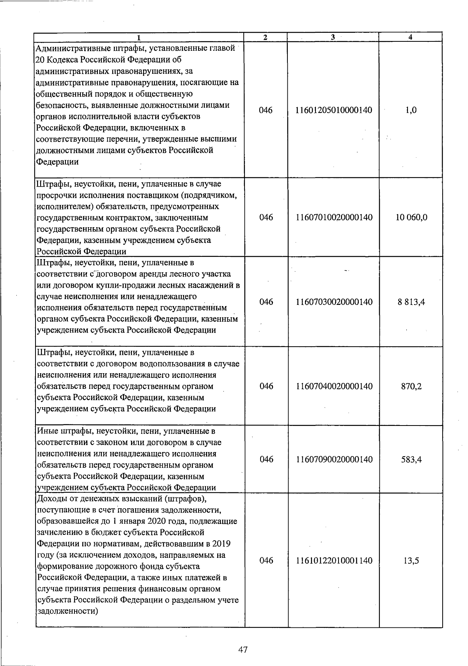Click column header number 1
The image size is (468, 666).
pos(139,37)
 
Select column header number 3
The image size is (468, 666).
pos(333,37)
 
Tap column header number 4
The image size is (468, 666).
pos(410,37)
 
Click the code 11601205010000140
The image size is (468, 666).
pos(334,110)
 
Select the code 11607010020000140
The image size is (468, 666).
pos(334,217)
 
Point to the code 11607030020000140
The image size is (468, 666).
pos(334,302)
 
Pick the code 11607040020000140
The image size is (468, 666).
pos(334,386)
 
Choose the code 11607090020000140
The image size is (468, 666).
pos(334,459)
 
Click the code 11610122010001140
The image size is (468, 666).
pos(334,561)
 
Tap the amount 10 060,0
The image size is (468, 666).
pos(411,217)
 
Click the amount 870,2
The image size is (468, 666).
pos(411,386)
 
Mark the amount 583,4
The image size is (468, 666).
pos(411,459)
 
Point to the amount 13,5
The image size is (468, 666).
pos(411,561)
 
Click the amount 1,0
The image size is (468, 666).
pos(411,110)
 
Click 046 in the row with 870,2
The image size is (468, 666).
pos(266,386)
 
